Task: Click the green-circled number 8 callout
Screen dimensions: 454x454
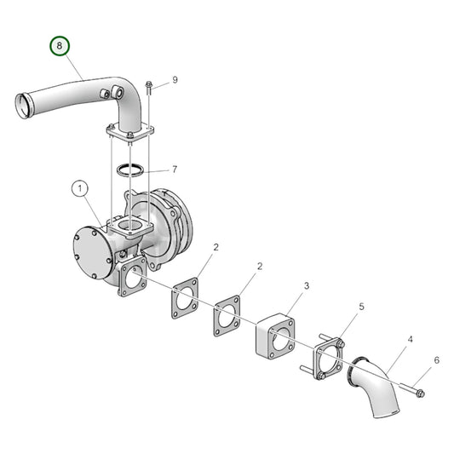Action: click(59, 45)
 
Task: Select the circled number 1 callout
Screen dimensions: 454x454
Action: click(79, 187)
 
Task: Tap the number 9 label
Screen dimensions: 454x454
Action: click(175, 79)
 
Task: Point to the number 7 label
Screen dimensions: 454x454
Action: click(175, 170)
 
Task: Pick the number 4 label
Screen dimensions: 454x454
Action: click(411, 339)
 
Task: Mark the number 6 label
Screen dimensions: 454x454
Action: click(437, 360)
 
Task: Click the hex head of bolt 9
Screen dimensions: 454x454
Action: click(148, 84)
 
